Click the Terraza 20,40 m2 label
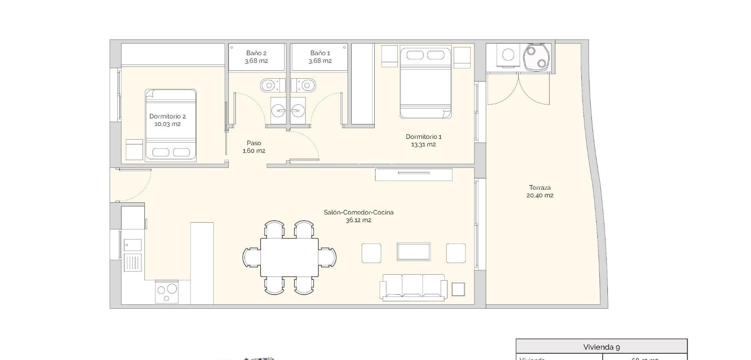540,191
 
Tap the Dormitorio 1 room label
423,140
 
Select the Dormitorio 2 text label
167,120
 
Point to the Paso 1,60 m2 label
254,147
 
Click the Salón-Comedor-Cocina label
358,216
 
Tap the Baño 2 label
256,57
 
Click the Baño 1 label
320,57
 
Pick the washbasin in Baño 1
298,111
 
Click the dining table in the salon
289,257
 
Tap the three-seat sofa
413,287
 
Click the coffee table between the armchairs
413,252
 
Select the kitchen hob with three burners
167,292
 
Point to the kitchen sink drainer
133,262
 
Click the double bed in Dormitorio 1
426,83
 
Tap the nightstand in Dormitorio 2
134,149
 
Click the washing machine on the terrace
508,55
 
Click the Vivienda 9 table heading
601,347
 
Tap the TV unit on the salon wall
413,175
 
